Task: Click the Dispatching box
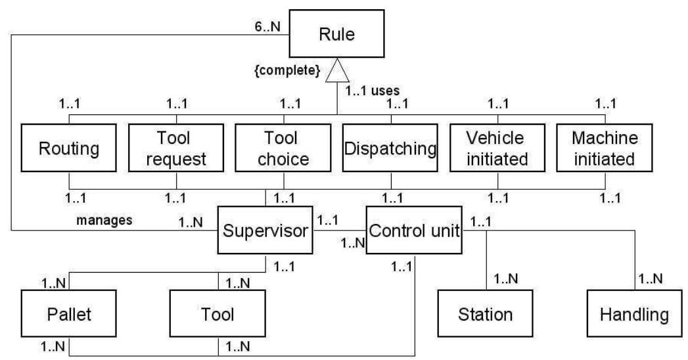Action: point(390,148)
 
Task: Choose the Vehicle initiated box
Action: point(497,148)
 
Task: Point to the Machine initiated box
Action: point(604,148)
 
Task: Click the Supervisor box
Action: point(265,232)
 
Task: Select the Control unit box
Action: point(413,232)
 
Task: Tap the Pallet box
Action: point(69,313)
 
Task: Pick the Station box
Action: point(485,313)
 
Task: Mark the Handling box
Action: point(634,313)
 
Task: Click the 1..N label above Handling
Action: point(653,279)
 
